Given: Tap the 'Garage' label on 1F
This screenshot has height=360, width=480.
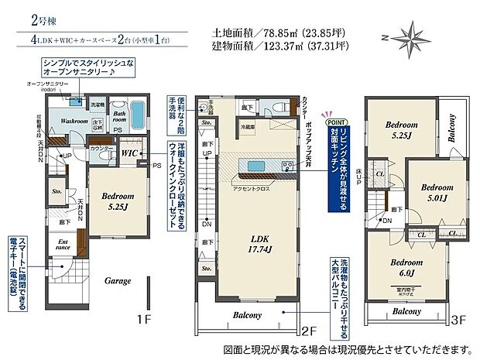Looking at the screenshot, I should coord(118,281).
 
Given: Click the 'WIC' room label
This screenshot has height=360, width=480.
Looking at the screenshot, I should coord(129,154).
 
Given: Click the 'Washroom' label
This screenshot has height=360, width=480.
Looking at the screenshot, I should coord(68,121).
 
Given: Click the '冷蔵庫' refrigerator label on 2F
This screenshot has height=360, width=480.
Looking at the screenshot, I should coord(247,127).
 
